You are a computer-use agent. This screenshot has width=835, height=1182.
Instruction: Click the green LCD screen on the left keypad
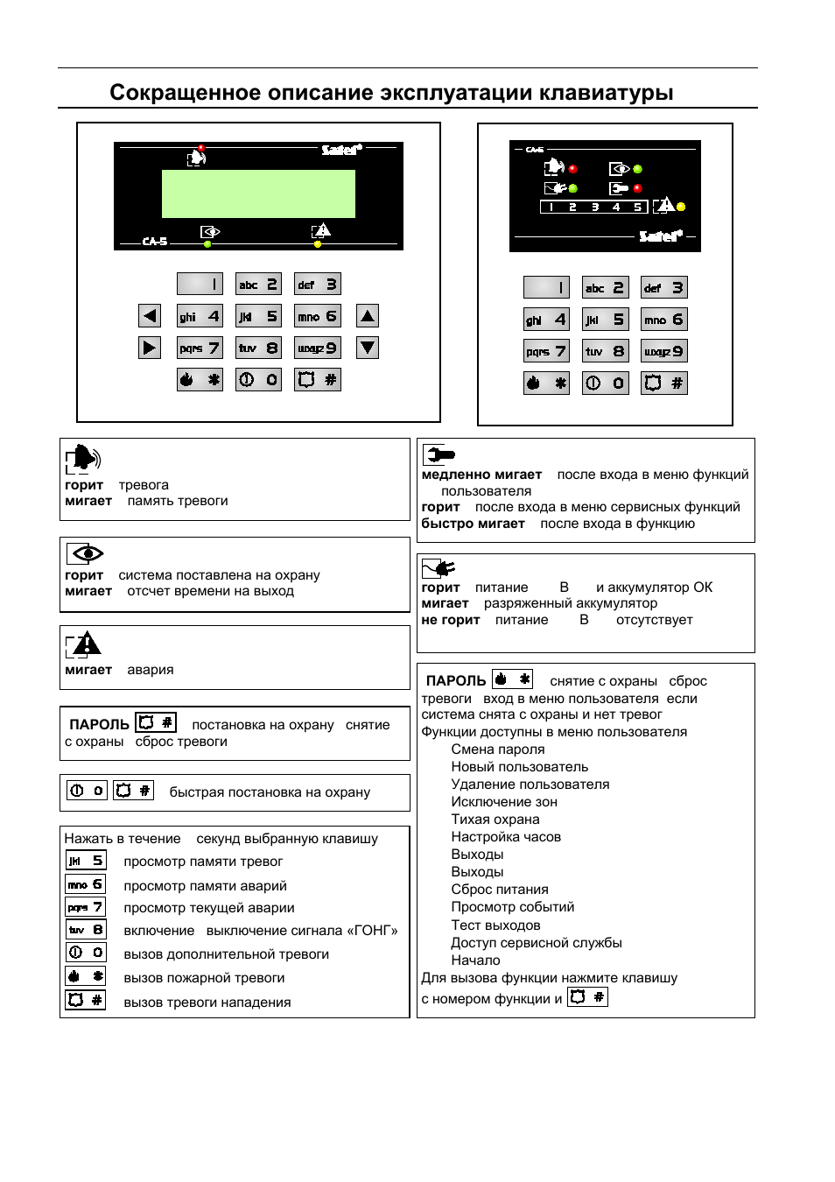coord(258,193)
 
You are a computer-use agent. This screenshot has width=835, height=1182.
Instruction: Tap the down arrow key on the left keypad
coord(368,348)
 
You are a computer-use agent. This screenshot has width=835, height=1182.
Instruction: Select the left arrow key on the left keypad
coord(150,316)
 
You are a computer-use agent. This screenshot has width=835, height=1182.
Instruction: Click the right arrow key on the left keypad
coord(150,348)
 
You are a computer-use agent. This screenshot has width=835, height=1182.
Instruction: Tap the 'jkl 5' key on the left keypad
coord(258,316)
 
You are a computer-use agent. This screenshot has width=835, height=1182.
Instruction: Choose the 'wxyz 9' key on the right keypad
coord(664,351)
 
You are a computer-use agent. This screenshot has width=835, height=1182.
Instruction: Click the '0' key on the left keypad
coord(258,379)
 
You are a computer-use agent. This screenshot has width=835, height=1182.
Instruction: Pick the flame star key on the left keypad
coord(200,379)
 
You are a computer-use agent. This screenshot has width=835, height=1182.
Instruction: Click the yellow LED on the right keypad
coord(681,207)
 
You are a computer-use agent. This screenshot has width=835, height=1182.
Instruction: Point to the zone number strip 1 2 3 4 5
coord(594,208)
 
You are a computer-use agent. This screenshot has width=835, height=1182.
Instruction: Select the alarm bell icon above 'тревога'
coord(83,458)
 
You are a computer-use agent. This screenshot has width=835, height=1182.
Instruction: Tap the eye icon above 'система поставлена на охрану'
coord(86,553)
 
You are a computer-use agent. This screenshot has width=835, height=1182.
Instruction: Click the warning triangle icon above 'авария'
coord(84,645)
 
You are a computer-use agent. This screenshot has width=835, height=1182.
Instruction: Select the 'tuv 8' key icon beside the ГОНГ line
coord(86,930)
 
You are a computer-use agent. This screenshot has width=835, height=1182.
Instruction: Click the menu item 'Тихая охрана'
coord(495,820)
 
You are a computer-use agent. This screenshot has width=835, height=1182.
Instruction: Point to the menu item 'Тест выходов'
coord(495,925)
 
